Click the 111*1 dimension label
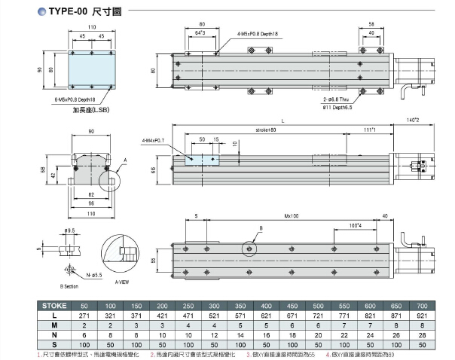click(x=369, y=130)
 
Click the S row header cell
click(x=55, y=344)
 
